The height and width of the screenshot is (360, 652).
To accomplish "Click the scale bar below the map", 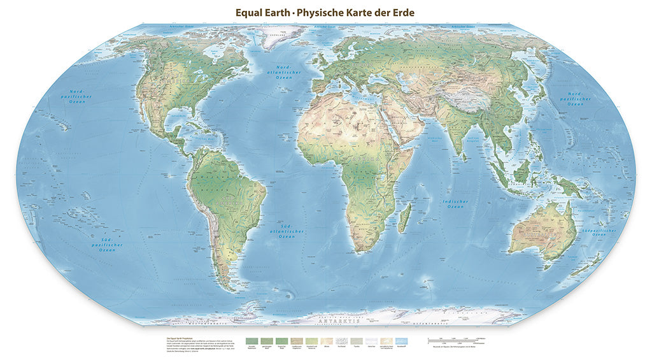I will pos(456,340).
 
